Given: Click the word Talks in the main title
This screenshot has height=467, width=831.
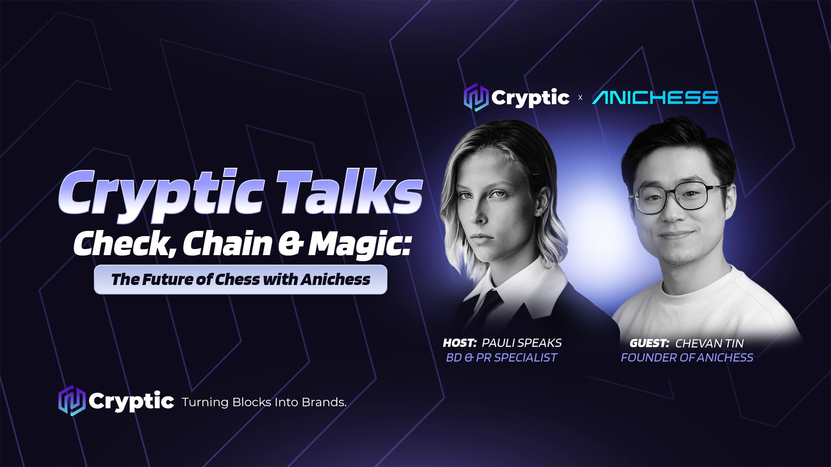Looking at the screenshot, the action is pyautogui.click(x=349, y=192).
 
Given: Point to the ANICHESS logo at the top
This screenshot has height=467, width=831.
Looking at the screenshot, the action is pyautogui.click(x=655, y=98).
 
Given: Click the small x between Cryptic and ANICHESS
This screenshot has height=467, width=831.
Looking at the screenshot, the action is pyautogui.click(x=580, y=98).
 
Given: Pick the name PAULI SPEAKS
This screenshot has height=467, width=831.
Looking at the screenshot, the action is pyautogui.click(x=522, y=343).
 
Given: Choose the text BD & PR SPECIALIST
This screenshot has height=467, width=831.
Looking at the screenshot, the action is pyautogui.click(x=502, y=358).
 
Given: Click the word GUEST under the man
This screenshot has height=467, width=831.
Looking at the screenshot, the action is pyautogui.click(x=649, y=343).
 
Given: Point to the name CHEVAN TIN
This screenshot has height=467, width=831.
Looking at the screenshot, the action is pyautogui.click(x=709, y=343).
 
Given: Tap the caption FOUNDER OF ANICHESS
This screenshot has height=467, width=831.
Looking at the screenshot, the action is pyautogui.click(x=687, y=358).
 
